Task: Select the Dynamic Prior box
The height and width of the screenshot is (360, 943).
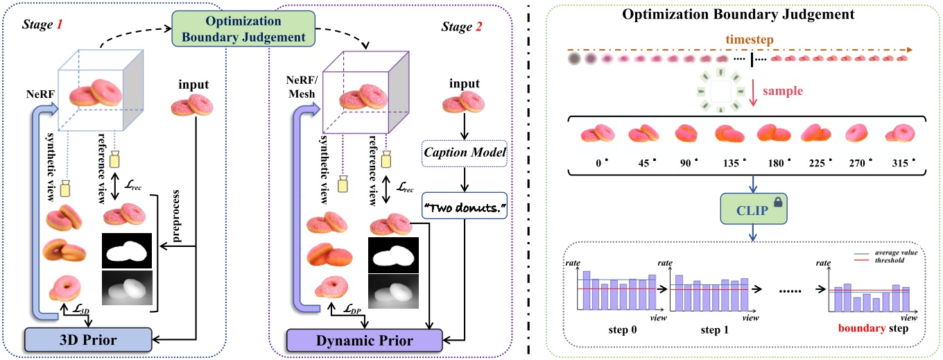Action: (364, 341)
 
